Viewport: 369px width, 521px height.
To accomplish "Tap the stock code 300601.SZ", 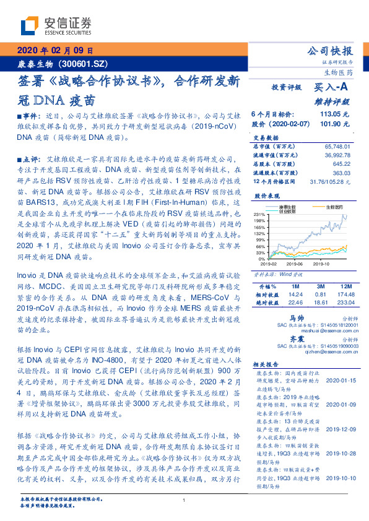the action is click(85, 64).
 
